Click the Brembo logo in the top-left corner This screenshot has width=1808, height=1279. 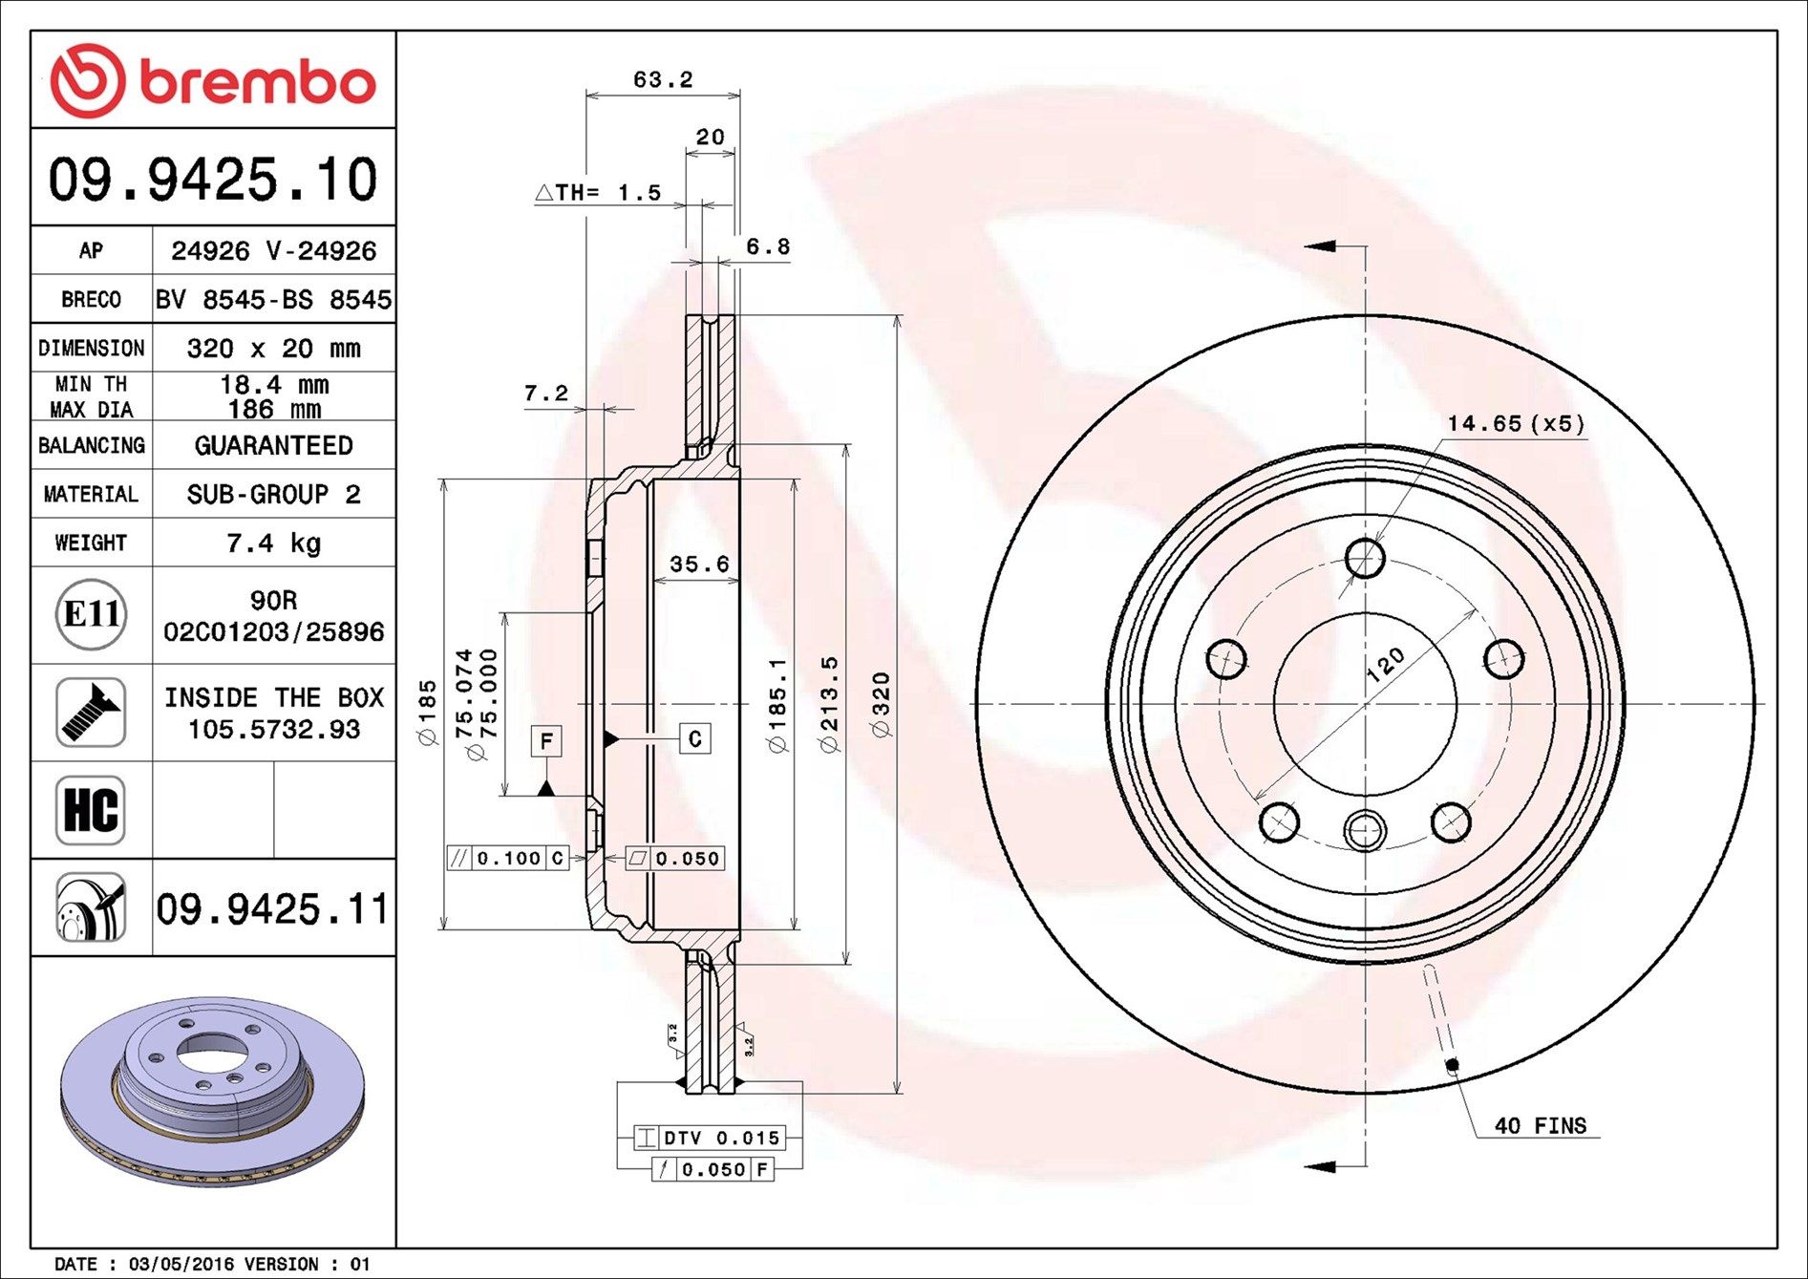pyautogui.click(x=212, y=81)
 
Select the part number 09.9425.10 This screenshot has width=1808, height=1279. pyautogui.click(x=213, y=180)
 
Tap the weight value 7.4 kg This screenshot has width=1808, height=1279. pyautogui.click(x=273, y=544)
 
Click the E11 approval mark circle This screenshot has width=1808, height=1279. pyautogui.click(x=91, y=614)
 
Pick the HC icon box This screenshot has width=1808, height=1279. pyautogui.click(x=91, y=810)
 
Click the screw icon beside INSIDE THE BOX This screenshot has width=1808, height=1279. pyautogui.click(x=91, y=713)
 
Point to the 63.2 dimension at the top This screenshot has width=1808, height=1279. pyautogui.click(x=663, y=80)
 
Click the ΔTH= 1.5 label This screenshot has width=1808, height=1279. pyautogui.click(x=599, y=193)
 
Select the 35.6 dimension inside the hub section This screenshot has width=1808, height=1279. pyautogui.click(x=698, y=565)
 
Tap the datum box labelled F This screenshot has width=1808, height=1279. pyautogui.click(x=545, y=740)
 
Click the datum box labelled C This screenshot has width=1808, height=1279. pyautogui.click(x=694, y=738)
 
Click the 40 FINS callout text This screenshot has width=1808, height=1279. pyautogui.click(x=1540, y=1126)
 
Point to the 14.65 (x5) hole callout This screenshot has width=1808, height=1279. pyautogui.click(x=1515, y=423)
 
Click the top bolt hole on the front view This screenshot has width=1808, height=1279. pyautogui.click(x=1365, y=558)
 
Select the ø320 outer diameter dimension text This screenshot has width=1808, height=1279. pyautogui.click(x=882, y=705)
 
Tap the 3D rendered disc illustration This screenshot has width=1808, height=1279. pyautogui.click(x=212, y=1091)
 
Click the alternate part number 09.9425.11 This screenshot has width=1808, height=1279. pyautogui.click(x=273, y=908)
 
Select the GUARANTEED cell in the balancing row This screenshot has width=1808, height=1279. pyautogui.click(x=273, y=446)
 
